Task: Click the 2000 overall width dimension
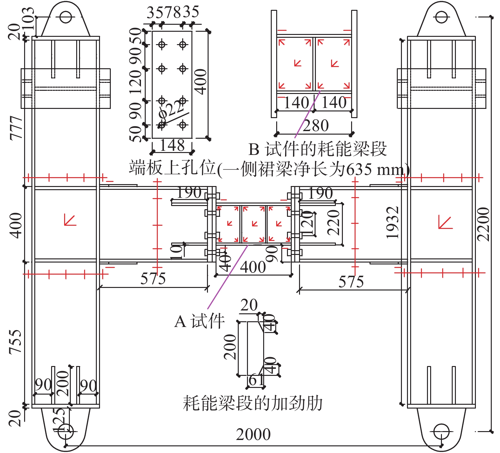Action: (253, 435)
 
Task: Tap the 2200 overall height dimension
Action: (483, 224)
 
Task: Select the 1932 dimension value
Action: (392, 223)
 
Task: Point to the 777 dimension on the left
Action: (16, 128)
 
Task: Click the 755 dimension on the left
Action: (15, 342)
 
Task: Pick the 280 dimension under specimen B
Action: (316, 126)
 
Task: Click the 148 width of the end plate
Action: (172, 146)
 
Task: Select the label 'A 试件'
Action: (200, 321)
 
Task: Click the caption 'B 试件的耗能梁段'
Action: (317, 149)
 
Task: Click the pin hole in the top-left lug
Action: (66, 17)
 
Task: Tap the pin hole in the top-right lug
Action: (441, 17)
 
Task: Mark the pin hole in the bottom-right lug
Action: (441, 432)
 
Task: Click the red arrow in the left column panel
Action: (70, 220)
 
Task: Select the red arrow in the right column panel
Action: (445, 222)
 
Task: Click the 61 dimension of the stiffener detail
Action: (256, 380)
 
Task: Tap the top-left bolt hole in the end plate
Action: (162, 44)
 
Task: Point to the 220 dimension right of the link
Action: (333, 222)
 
